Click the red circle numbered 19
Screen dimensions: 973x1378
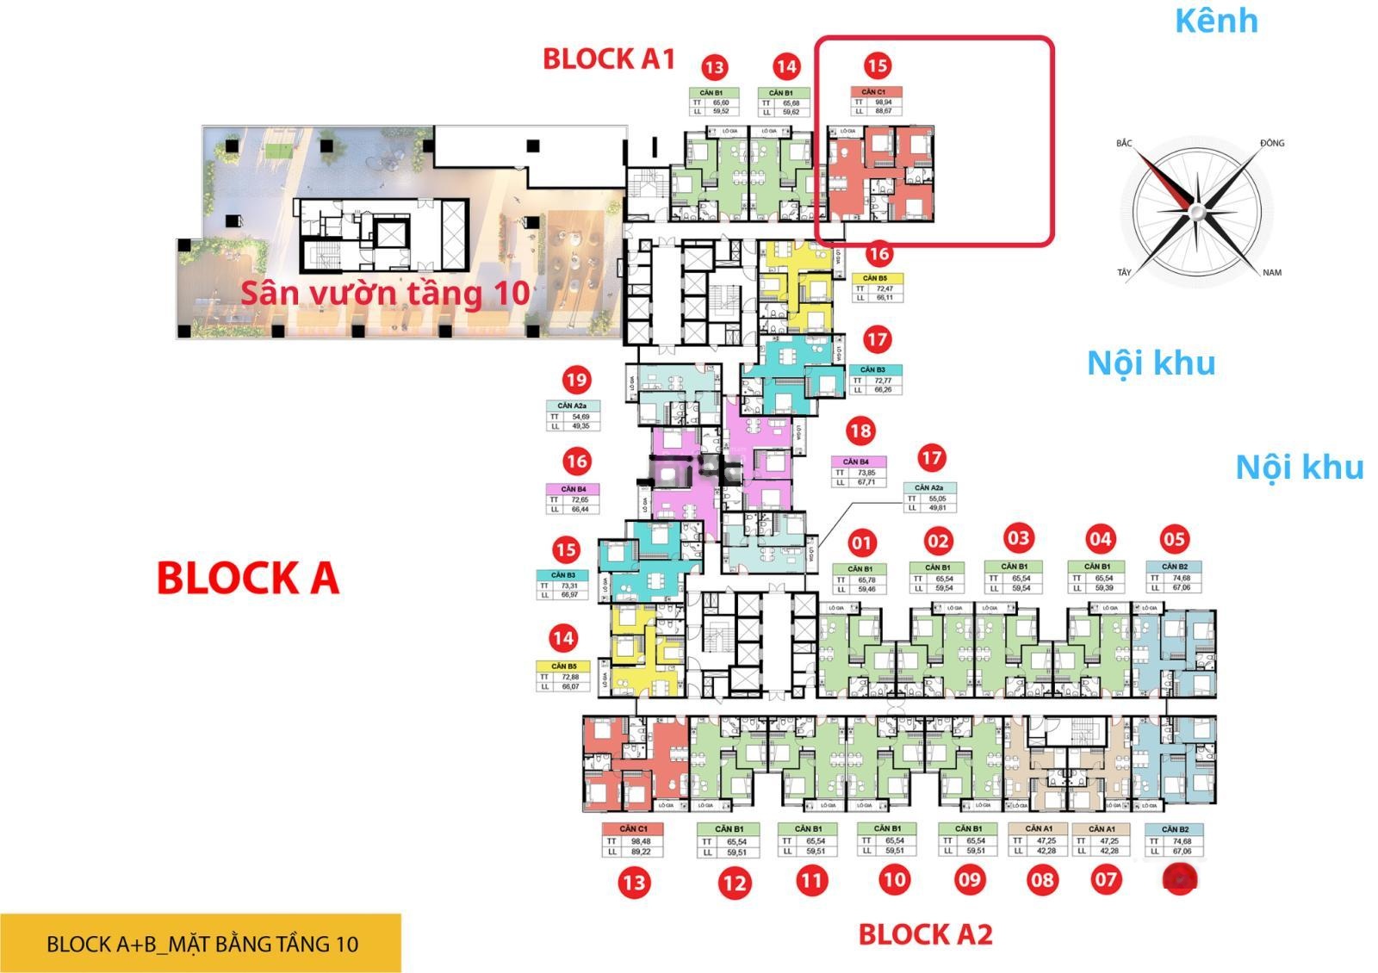(x=576, y=379)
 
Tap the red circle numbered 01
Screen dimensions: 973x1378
(x=861, y=542)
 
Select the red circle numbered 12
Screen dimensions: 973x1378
(x=734, y=882)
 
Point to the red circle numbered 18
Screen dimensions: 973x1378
(x=860, y=431)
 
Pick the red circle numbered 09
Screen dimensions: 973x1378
(x=969, y=879)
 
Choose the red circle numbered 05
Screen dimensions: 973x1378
(x=1174, y=540)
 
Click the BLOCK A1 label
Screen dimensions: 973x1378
(x=608, y=59)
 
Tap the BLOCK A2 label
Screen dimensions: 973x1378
(x=925, y=934)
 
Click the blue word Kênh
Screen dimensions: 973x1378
(x=1215, y=21)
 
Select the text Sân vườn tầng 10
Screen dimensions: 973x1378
(x=385, y=293)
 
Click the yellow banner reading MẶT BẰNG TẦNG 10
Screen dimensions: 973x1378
(x=201, y=944)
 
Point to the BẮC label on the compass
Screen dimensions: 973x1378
(x=1124, y=143)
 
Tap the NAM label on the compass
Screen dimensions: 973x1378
(x=1271, y=272)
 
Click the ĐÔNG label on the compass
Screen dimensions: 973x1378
(x=1271, y=143)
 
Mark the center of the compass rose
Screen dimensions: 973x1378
(x=1196, y=209)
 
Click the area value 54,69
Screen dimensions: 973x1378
(x=580, y=417)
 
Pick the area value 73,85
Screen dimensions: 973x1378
(x=866, y=473)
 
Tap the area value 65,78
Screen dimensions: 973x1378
(x=866, y=579)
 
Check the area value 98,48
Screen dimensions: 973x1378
(x=640, y=841)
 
